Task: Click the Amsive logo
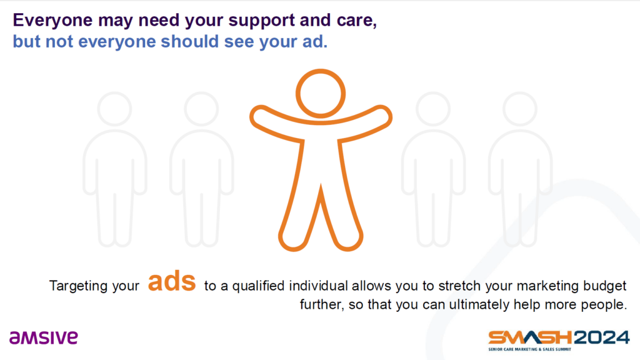pyautogui.click(x=44, y=337)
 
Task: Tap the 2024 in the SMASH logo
pyautogui.click(x=602, y=337)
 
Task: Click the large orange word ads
pyautogui.click(x=172, y=281)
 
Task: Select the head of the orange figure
pyautogui.click(x=321, y=94)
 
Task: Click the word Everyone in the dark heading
pyautogui.click(x=52, y=21)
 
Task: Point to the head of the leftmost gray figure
pyautogui.click(x=115, y=109)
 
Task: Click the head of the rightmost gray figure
pyautogui.click(x=520, y=109)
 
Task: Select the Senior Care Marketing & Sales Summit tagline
pyautogui.click(x=530, y=349)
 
